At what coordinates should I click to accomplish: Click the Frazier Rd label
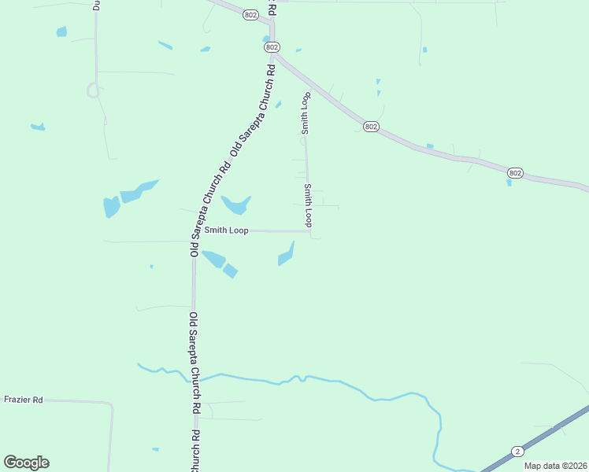(23, 400)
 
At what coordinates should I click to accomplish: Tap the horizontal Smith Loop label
(226, 230)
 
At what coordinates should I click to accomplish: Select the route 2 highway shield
(517, 451)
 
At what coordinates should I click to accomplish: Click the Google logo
(26, 463)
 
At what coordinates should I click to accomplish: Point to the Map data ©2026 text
(556, 466)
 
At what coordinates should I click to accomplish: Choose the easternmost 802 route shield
(515, 172)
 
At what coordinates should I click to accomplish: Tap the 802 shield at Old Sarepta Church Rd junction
(272, 47)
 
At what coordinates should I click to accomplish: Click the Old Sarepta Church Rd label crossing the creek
(194, 361)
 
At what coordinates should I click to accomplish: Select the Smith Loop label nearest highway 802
(305, 113)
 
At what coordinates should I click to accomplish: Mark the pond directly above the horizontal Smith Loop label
(235, 205)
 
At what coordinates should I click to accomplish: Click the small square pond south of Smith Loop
(230, 271)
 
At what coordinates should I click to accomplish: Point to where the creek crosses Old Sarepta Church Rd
(194, 378)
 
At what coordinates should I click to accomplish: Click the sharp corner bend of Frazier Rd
(111, 404)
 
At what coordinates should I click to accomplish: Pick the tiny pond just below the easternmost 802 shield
(509, 183)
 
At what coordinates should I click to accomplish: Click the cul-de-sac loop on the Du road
(93, 90)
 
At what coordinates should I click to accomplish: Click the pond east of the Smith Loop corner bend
(287, 255)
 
